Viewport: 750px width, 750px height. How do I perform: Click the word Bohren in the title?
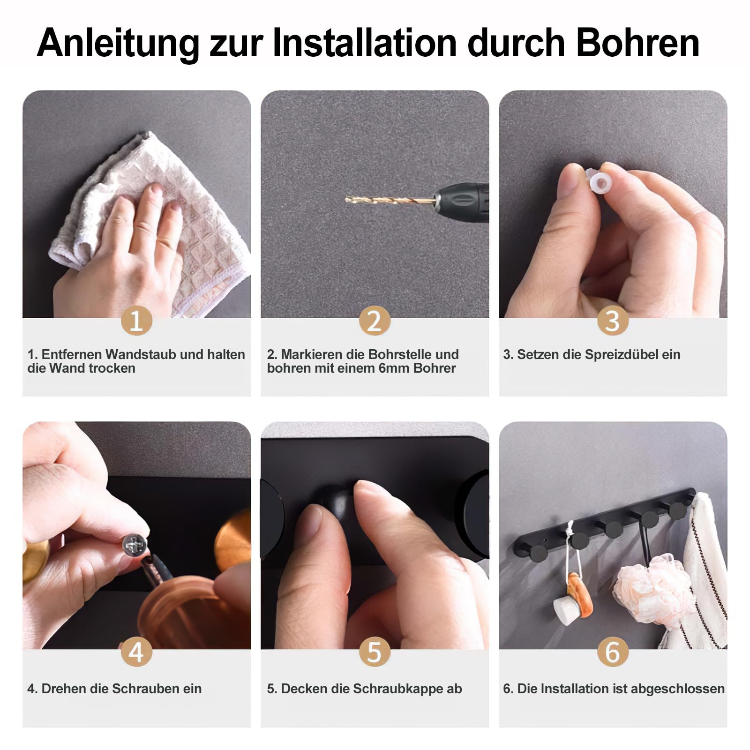pos(637,43)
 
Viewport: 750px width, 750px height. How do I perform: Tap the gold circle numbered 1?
pos(136,321)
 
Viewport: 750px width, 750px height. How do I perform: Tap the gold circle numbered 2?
pos(375,321)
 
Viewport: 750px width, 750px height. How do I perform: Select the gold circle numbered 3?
pos(613,321)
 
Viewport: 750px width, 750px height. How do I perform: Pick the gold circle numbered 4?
pos(136,652)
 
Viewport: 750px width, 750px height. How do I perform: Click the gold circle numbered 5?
pos(375,652)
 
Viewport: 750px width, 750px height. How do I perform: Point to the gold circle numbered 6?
pos(613,652)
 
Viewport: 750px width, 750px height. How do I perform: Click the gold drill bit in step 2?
pos(389,201)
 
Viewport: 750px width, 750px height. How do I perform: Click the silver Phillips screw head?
pos(135,545)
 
